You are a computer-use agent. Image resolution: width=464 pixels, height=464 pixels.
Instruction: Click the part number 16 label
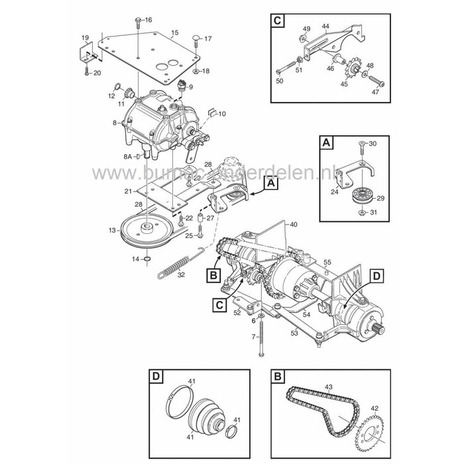pyautogui.click(x=148, y=20)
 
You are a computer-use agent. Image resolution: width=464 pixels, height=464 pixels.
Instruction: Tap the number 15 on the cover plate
pyautogui.click(x=175, y=32)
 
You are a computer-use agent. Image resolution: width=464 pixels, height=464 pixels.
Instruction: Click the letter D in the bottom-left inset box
pyautogui.click(x=156, y=378)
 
